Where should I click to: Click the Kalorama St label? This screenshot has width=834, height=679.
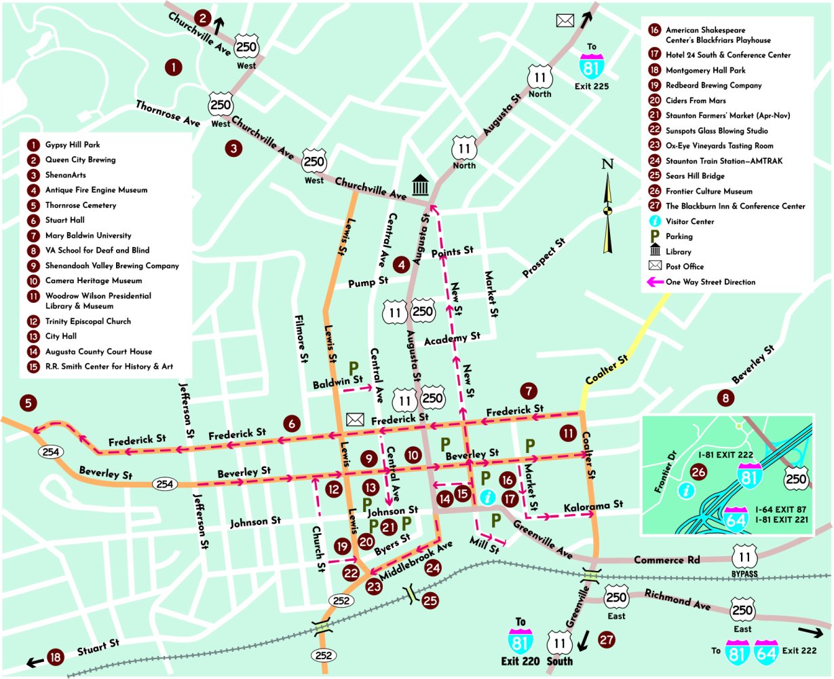593,505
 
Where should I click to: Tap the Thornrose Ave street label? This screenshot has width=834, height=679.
168,113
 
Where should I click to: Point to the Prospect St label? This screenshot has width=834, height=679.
544,259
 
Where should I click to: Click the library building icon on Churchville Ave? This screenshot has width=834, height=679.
421,184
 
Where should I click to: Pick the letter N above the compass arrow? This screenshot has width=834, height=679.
608,164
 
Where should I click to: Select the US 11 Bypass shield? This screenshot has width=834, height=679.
744,558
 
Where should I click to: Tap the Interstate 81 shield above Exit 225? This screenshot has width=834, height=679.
590,67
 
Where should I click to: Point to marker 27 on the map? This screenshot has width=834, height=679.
606,640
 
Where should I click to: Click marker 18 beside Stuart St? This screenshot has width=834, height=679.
56,657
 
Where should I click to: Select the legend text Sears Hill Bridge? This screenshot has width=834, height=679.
699,176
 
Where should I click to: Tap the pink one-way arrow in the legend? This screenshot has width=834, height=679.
656,282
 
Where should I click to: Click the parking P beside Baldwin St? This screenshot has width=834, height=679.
354,368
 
